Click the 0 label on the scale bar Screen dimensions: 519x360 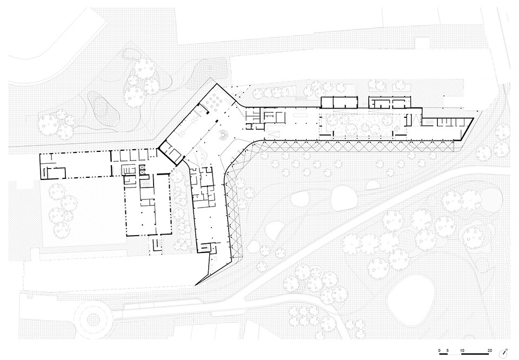[439, 350]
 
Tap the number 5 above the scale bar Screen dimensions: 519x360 [448, 350]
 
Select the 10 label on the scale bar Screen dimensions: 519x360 [462, 350]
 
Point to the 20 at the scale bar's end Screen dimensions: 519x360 [490, 350]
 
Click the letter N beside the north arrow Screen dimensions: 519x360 [507, 349]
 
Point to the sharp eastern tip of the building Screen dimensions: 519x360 [474, 118]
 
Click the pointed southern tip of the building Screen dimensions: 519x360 [196, 284]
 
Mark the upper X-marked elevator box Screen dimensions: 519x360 [143, 168]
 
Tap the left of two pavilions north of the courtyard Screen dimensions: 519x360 [339, 102]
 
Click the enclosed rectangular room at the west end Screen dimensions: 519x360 [56, 173]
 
